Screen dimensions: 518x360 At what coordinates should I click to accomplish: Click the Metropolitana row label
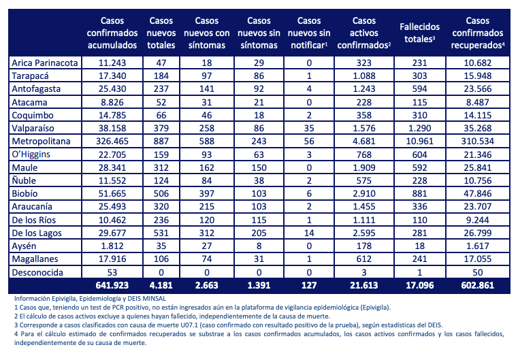(41, 142)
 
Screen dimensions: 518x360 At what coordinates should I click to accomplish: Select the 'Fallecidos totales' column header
(419, 33)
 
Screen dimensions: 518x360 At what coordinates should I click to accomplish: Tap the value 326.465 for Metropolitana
(112, 142)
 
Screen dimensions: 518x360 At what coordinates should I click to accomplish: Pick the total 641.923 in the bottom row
(112, 285)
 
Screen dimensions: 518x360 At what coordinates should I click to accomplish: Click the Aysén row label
(24, 246)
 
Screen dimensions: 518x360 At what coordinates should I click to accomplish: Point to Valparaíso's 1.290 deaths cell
(419, 128)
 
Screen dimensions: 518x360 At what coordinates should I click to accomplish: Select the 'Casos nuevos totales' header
(161, 33)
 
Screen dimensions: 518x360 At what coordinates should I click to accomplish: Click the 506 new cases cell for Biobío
(161, 193)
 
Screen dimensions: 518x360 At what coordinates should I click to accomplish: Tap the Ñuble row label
(24, 180)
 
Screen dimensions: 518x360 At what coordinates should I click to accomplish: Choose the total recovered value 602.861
(478, 285)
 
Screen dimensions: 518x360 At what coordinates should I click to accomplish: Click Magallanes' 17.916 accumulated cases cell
(112, 259)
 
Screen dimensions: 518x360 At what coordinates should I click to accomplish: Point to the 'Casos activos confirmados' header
(364, 33)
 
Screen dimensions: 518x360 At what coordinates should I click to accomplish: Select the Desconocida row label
(37, 272)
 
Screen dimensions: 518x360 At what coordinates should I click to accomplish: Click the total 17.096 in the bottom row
(419, 285)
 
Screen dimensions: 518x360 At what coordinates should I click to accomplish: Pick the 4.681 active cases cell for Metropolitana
(364, 142)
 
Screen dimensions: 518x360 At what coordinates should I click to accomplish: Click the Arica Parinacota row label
(45, 63)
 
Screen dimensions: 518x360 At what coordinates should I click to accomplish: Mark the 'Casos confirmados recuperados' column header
(478, 33)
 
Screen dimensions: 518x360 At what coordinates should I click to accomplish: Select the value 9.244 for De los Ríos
(478, 220)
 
